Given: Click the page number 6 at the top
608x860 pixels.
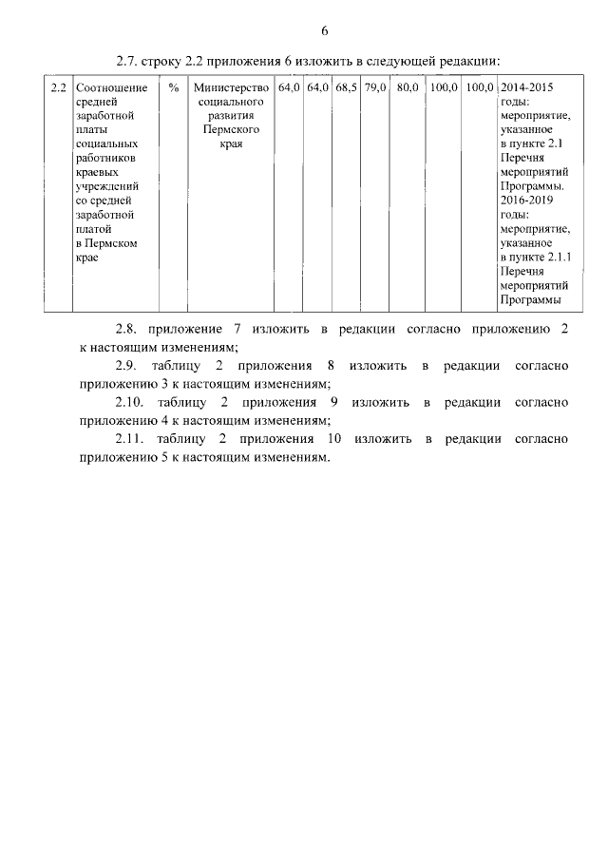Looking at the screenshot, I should [324, 31].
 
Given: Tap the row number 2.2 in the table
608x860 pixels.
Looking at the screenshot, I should [58, 87].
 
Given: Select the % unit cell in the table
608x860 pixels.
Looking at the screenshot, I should [173, 87].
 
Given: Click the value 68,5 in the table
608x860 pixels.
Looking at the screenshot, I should [346, 87].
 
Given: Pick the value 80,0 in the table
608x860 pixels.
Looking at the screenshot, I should [408, 87].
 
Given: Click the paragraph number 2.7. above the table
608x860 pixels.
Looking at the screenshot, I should [126, 61].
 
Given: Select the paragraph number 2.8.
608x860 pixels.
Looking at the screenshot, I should [126, 329].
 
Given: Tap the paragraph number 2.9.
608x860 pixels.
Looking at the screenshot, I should [126, 365].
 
